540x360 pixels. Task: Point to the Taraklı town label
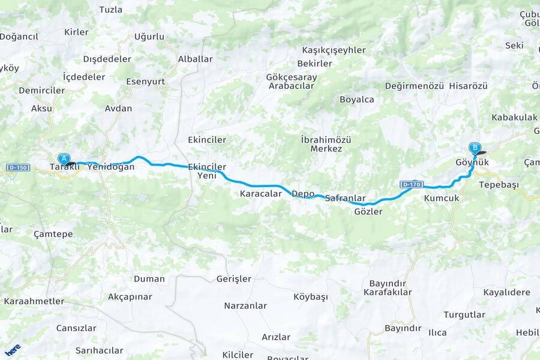click(x=64, y=167)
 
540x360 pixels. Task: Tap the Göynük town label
click(x=473, y=163)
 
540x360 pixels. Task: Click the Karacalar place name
click(x=260, y=194)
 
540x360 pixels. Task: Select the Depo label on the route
click(x=303, y=194)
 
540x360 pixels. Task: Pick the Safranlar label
click(x=345, y=197)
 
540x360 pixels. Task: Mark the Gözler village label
click(x=368, y=211)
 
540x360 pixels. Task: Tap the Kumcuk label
click(x=441, y=197)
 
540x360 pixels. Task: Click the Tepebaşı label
click(x=499, y=185)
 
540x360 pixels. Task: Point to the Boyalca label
click(x=356, y=100)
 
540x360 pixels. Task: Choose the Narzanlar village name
click(x=245, y=305)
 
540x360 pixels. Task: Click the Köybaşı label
click(x=311, y=296)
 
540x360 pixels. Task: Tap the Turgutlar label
click(x=464, y=314)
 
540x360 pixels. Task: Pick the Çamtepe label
click(x=53, y=233)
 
